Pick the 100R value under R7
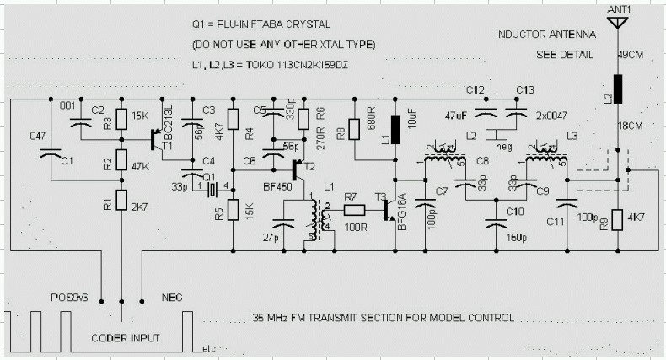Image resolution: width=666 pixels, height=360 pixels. [x=353, y=227]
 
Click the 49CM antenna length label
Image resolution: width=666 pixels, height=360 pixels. [x=631, y=56]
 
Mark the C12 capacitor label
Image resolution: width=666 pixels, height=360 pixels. [x=475, y=89]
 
